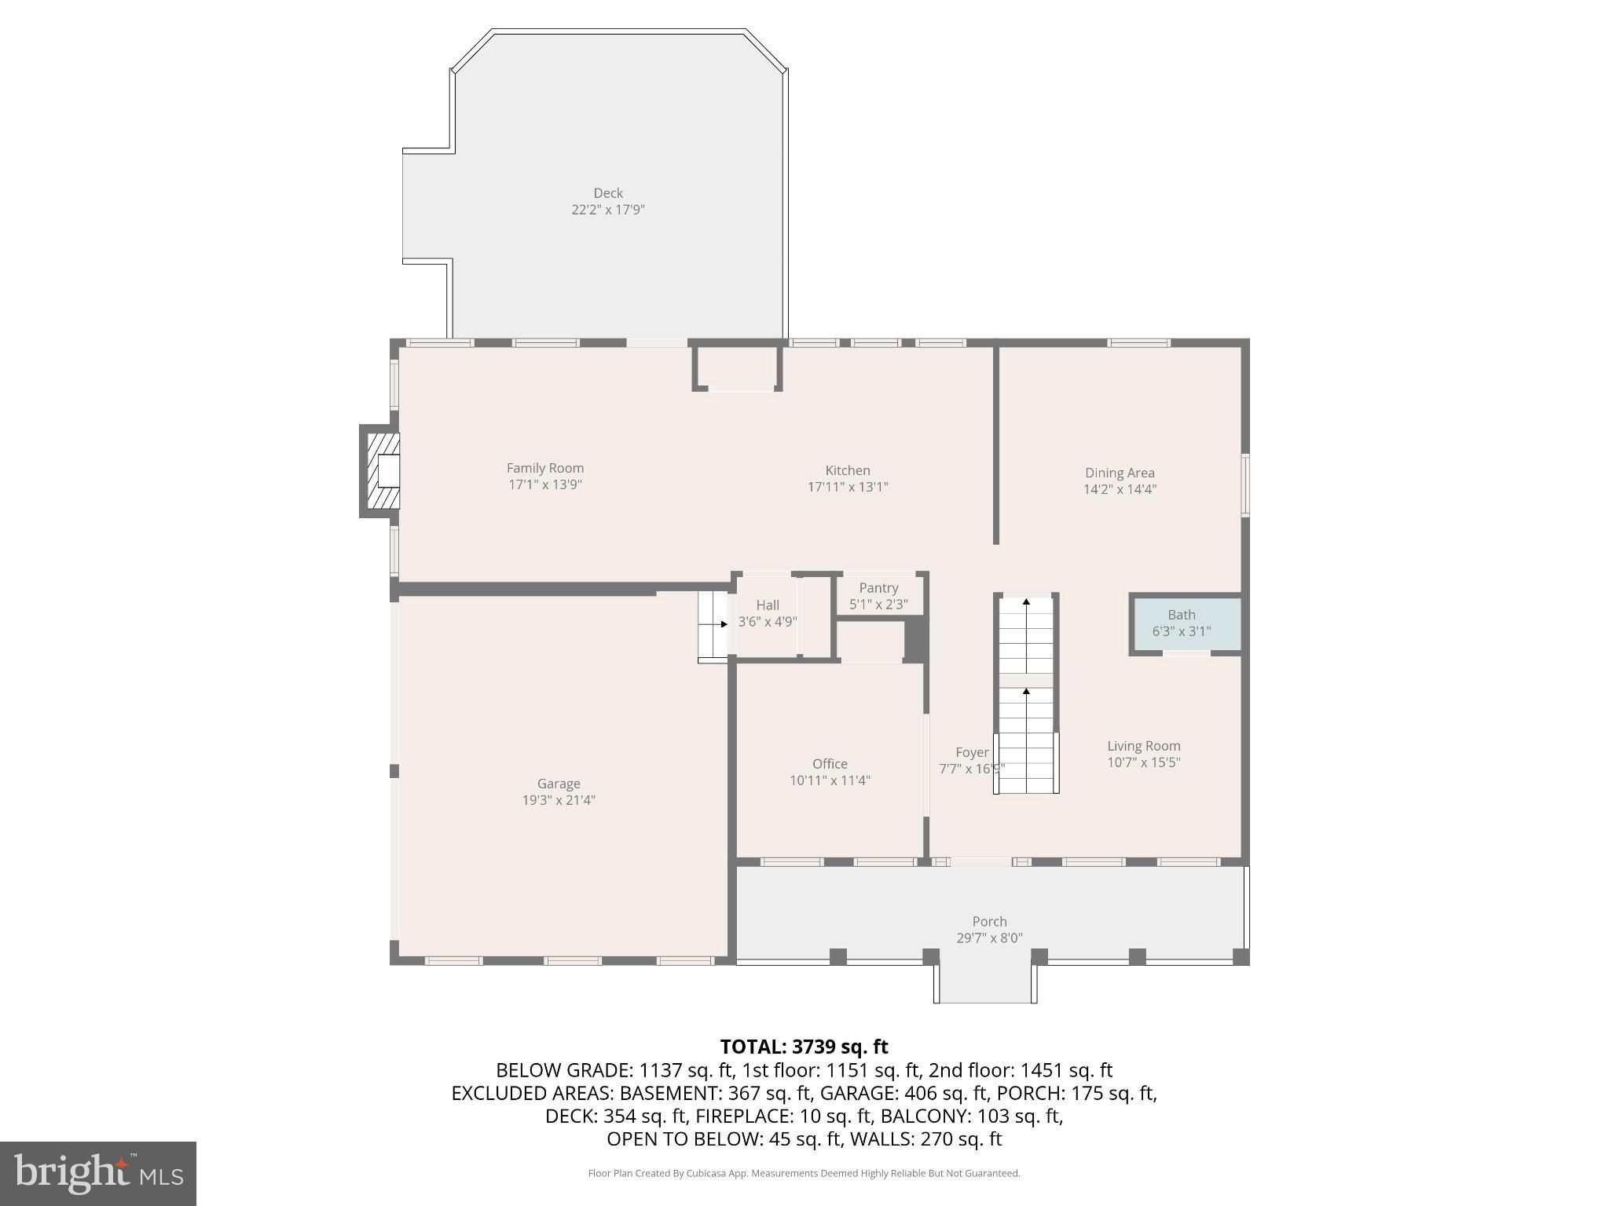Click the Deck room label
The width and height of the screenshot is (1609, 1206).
click(x=607, y=193)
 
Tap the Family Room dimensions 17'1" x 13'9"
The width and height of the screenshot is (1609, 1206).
click(x=544, y=485)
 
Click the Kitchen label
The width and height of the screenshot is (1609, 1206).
click(x=847, y=470)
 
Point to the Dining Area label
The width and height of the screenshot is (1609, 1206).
click(x=1119, y=473)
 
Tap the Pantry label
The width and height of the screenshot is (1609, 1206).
click(x=878, y=588)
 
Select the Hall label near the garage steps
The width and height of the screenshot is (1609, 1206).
click(x=767, y=605)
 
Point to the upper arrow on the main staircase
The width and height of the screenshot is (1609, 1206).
click(x=1026, y=602)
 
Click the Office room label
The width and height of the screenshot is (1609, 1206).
click(x=829, y=764)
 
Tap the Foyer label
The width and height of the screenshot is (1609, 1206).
click(x=971, y=752)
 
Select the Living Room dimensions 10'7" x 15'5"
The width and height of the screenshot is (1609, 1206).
click(x=1143, y=762)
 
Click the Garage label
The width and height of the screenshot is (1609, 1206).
click(x=559, y=784)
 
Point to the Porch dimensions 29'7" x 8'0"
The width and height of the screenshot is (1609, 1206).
click(x=988, y=938)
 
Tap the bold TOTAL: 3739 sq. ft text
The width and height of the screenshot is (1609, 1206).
click(x=804, y=1047)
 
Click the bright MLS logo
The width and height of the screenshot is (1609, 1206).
click(x=97, y=1173)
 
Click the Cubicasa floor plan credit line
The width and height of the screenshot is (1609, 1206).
click(x=804, y=1173)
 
